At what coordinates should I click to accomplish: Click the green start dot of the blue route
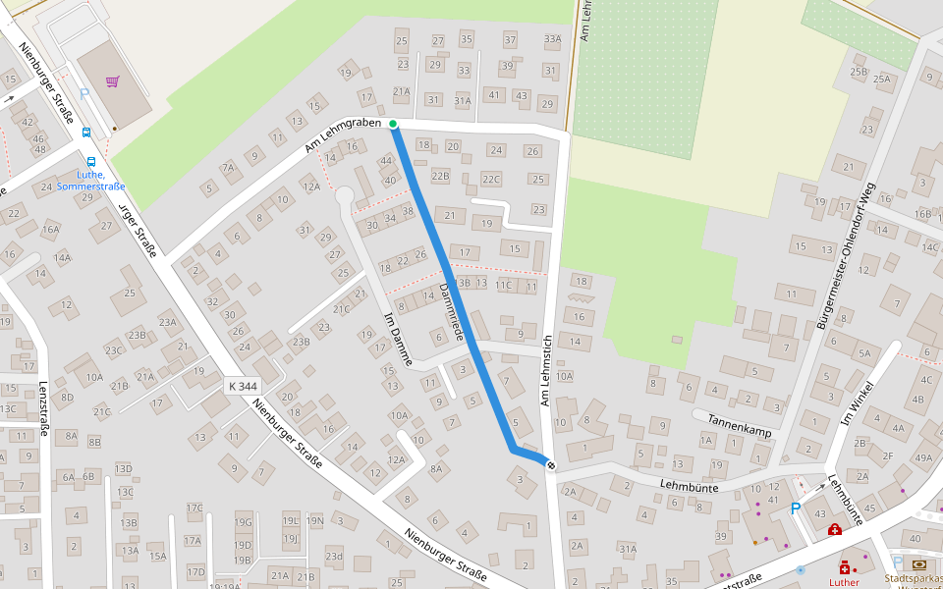393,124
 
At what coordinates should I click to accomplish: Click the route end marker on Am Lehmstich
551,464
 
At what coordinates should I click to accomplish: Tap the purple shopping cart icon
113,81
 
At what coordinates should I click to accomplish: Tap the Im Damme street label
397,340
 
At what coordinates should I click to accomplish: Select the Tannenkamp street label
732,425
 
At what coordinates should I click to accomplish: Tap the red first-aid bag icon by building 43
834,530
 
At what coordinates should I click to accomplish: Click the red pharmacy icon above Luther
844,567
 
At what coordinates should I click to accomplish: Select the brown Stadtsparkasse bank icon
918,564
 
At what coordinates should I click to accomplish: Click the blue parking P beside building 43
795,509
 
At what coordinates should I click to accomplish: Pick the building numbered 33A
552,40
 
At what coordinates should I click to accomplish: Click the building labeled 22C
491,179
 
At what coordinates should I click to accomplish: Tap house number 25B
859,72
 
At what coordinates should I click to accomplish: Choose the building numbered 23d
335,557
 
